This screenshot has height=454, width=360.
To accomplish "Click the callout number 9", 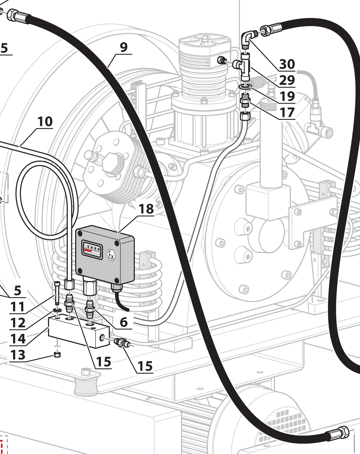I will [124, 47].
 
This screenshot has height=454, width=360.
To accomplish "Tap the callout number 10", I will [45, 121].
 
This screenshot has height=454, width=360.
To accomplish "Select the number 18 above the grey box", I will [146, 209].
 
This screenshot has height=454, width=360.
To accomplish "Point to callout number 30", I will [287, 64].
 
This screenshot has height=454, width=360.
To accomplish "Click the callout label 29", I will [287, 80].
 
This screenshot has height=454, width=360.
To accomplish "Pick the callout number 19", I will [287, 96].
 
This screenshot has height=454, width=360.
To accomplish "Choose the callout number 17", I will [287, 112].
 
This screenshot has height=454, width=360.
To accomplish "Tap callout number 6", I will [124, 322].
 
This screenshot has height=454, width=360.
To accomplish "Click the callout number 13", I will [18, 355].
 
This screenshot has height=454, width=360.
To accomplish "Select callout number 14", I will [18, 339].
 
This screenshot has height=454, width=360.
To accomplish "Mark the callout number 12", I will [18, 322].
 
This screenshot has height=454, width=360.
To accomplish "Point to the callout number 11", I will [18, 307].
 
